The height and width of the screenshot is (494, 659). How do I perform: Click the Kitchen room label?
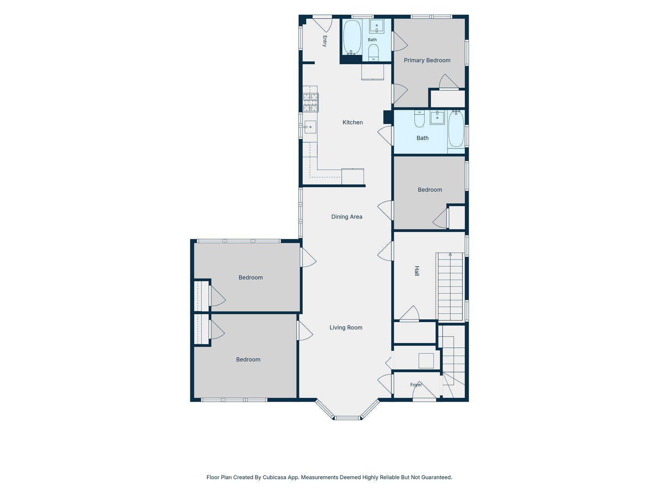coord(352,123)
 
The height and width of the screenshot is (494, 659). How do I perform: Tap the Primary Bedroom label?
coord(427,60)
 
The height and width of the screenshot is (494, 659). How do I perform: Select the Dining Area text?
coord(346,216)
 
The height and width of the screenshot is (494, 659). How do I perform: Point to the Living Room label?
coord(346,328)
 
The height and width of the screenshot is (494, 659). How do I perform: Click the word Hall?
coord(416,270)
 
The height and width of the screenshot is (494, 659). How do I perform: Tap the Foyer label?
coord(416,385)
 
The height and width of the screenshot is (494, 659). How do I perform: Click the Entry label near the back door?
coord(324,41)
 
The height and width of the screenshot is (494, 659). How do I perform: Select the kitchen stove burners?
coord(310,102)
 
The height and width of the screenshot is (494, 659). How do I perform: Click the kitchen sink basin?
coord(310,127)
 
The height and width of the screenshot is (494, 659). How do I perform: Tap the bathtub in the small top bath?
coord(352,37)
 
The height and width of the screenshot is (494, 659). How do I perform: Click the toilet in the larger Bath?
coord(419,118)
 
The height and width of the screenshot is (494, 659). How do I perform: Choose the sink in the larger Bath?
coord(437,117)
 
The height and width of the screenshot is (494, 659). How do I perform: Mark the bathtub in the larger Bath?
coord(456,129)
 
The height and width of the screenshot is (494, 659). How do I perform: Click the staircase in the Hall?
coord(450,287)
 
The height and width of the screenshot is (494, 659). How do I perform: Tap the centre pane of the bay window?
coord(347,418)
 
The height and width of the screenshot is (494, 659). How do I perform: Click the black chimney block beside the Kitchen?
coord(388,117)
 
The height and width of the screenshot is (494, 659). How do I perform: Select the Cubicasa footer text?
coord(329,477)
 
